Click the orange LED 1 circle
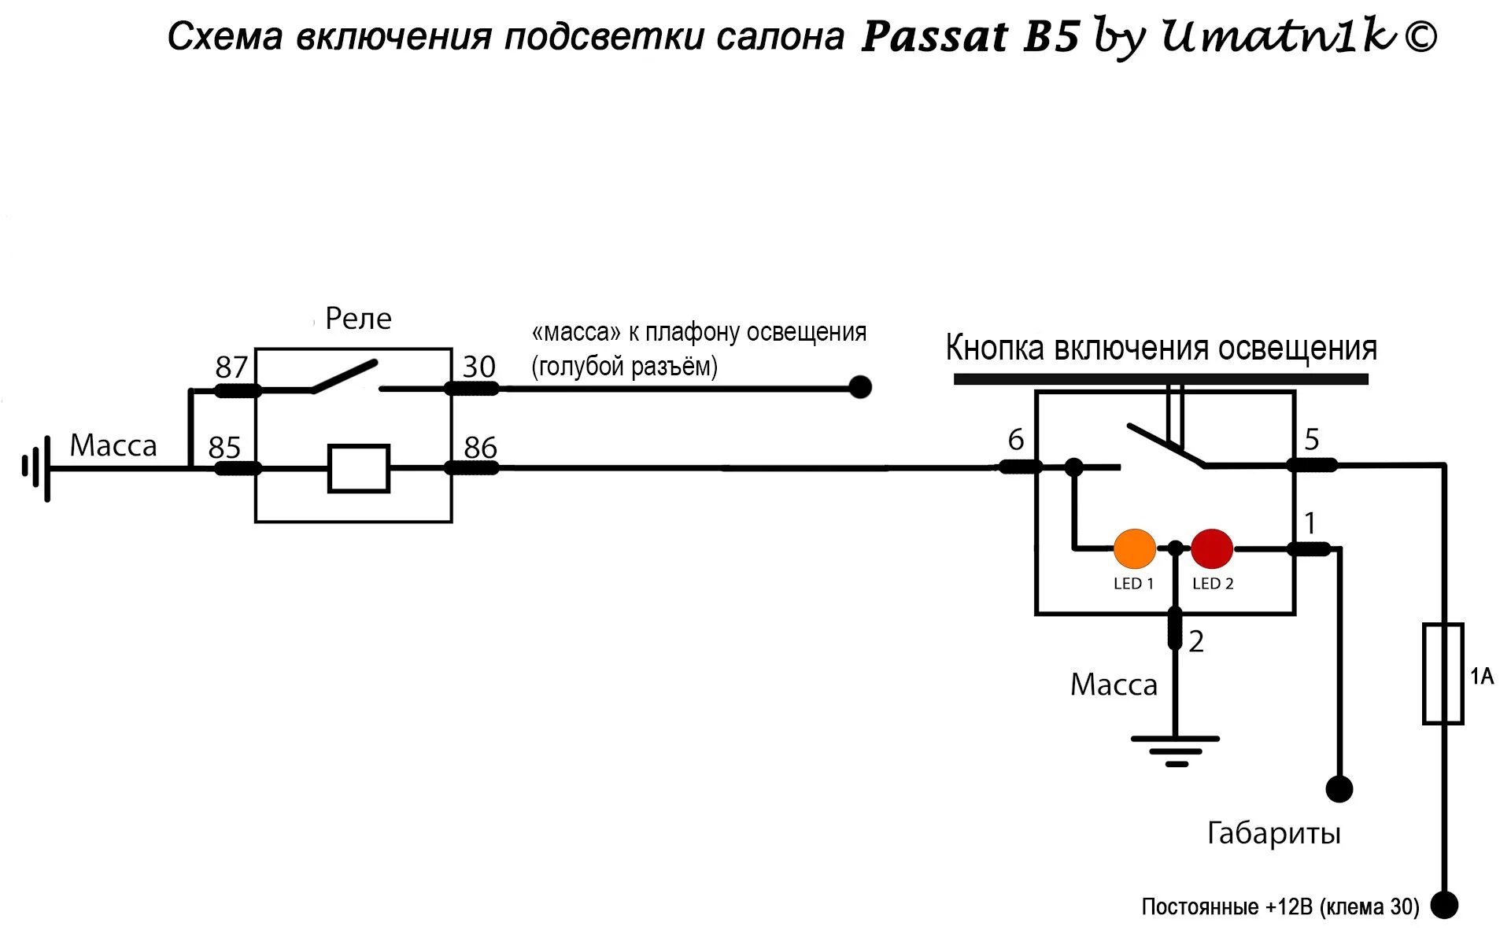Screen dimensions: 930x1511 [1134, 549]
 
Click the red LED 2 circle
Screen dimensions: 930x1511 [1212, 549]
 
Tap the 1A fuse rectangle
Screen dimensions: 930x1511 [1443, 674]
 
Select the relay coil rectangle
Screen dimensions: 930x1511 [359, 469]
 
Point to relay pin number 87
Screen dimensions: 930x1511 [231, 367]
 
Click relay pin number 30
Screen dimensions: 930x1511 [478, 367]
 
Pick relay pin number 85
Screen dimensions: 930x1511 [224, 448]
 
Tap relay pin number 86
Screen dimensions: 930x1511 [480, 448]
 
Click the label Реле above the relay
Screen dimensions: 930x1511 [358, 319]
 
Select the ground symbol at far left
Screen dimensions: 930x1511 [37, 468]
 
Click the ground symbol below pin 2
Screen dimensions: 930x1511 [1176, 750]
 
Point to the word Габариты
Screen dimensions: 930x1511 [1273, 833]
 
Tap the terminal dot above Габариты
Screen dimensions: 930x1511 [1339, 788]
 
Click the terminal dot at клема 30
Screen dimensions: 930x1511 [1444, 905]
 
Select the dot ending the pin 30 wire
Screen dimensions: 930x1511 [860, 387]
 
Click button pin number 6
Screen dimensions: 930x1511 [1016, 440]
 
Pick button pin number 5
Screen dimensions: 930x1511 [1311, 439]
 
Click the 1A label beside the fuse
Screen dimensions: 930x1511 [1482, 677]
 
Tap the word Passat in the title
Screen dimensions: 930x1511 [934, 37]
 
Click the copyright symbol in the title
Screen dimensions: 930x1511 [1420, 36]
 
